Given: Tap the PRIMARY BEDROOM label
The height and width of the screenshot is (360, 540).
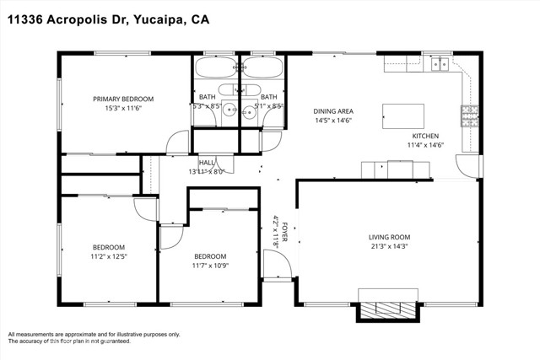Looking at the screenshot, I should pyautogui.click(x=128, y=99).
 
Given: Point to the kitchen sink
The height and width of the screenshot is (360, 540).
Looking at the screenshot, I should pyautogui.click(x=440, y=63).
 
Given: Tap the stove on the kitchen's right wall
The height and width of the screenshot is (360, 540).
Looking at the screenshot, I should pyautogui.click(x=468, y=113).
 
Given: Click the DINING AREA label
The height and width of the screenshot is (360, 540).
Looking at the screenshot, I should pyautogui.click(x=332, y=111).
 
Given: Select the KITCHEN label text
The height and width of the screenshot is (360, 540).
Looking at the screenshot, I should pyautogui.click(x=425, y=136).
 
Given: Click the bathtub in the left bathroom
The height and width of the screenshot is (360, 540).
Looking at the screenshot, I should pyautogui.click(x=216, y=67).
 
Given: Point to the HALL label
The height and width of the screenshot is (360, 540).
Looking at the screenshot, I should pyautogui.click(x=207, y=163).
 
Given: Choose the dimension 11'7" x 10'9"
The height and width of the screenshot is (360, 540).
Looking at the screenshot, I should pyautogui.click(x=210, y=266).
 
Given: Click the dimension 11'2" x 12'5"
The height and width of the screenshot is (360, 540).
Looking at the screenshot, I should pyautogui.click(x=109, y=256).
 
